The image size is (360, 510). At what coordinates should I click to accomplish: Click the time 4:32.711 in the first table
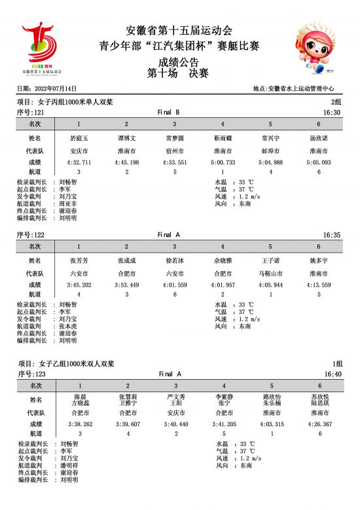(x=79, y=162)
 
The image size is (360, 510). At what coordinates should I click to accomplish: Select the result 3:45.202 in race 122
(x=79, y=285)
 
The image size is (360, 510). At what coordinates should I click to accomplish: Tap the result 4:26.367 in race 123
(x=318, y=424)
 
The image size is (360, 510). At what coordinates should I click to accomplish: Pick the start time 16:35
(x=332, y=235)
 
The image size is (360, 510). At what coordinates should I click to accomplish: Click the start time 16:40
(x=332, y=374)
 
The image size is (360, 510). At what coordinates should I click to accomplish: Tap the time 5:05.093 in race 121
(x=318, y=162)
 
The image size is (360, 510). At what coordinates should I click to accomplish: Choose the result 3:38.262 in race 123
(x=79, y=424)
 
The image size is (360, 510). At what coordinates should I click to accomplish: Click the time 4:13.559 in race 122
(x=318, y=285)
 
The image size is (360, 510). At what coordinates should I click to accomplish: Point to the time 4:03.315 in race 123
(x=270, y=424)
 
